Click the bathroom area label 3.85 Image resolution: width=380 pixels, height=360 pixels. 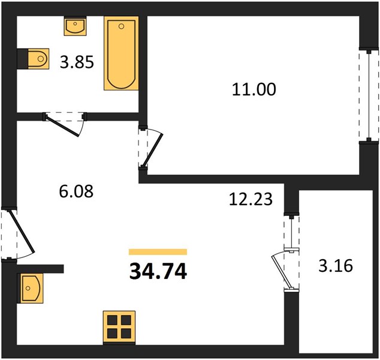pos(77,62)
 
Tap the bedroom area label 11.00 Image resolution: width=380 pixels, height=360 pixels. pos(254,89)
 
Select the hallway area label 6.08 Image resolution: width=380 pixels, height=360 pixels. pos(76,191)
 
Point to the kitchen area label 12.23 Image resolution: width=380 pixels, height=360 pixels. pos(251,199)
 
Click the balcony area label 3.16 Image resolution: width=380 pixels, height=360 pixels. pos(336,266)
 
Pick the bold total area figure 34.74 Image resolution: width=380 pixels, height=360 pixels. pos(158,271)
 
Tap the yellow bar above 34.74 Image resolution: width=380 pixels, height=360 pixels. pos(158,252)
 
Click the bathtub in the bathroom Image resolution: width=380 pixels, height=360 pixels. pos(121,53)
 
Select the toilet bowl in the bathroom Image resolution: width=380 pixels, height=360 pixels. pos(38,59)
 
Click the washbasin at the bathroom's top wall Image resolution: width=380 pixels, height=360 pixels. pos(75,26)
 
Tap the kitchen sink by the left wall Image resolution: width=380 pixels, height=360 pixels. pos(30,288)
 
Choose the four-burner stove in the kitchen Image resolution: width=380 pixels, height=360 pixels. pos(119,327)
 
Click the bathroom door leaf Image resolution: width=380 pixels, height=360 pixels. pos(62,126)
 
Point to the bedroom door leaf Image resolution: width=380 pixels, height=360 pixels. pos(152,149)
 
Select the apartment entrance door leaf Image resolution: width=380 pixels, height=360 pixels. pos(22,231)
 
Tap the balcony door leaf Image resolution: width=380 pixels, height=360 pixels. pos(281,271)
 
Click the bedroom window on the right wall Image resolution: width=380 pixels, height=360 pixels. pos(369,95)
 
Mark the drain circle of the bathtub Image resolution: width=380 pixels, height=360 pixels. pos(122,26)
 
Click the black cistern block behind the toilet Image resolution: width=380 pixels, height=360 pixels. pos(23,59)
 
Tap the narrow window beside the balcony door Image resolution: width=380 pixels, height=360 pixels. pos(291,231)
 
